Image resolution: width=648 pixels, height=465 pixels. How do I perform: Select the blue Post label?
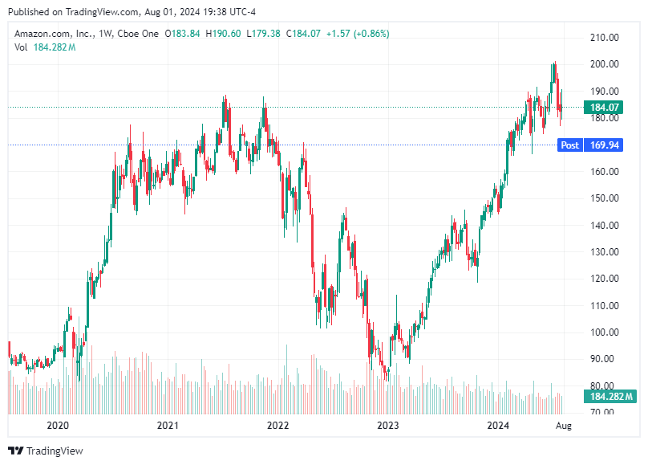570,145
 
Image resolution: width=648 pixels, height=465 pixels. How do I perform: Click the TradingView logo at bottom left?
46,451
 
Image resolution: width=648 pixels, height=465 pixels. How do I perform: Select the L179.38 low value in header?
263,34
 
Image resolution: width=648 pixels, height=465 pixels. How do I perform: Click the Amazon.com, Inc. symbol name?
53,34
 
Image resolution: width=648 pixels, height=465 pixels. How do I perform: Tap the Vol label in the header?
22,47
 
